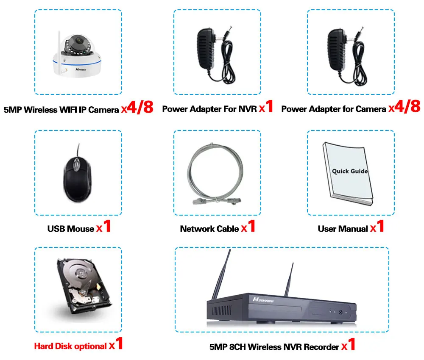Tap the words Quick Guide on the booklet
[x=349, y=171]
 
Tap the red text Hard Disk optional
[x=70, y=346]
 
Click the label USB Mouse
[x=71, y=229]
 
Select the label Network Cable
[x=209, y=229]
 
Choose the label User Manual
[x=343, y=229]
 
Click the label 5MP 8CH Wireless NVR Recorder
[x=274, y=347]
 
